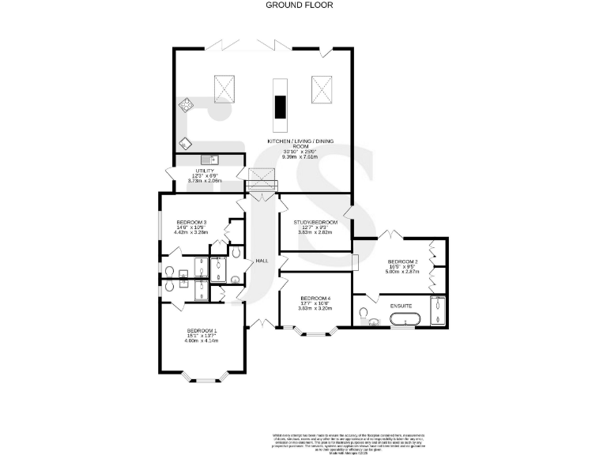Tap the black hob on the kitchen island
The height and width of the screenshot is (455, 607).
(x=280, y=105)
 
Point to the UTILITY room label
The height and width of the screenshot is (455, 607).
(x=205, y=171)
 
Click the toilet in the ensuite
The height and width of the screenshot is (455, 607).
(x=365, y=317)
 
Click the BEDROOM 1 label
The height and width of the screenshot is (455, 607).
(x=202, y=330)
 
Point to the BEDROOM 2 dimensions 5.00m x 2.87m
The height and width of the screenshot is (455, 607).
(x=402, y=272)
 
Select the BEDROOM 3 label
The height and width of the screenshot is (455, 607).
(x=191, y=223)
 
